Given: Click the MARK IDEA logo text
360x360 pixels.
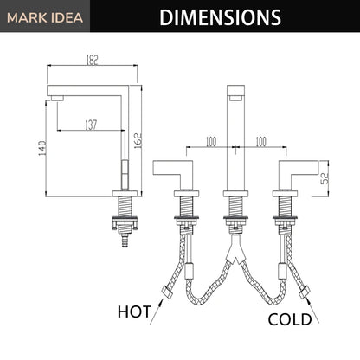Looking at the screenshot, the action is [45, 18].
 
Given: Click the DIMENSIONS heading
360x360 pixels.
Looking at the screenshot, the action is [221, 17].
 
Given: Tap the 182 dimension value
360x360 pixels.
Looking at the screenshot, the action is [93, 60].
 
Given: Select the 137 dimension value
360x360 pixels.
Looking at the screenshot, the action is [91, 125].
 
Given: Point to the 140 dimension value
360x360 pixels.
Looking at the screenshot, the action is [42, 148].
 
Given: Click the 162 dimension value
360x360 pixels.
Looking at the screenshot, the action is [138, 140].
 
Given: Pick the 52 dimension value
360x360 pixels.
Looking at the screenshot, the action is [325, 178].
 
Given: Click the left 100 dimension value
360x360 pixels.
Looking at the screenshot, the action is [211, 142].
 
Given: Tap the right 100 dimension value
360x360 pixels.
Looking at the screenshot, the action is [260, 142].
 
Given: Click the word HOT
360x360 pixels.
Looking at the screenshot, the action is [134, 312].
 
